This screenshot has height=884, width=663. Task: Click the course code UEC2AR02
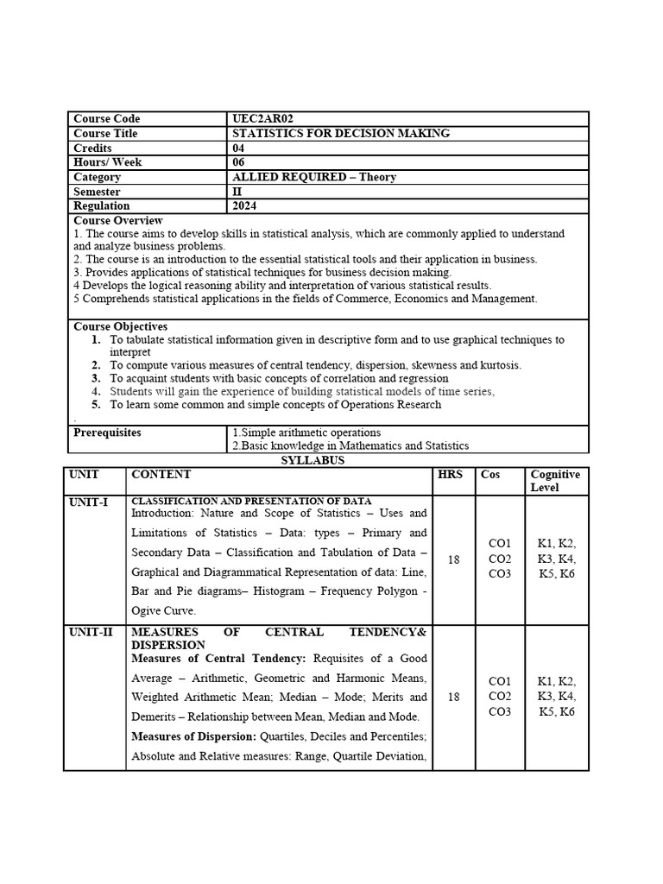pos(268,119)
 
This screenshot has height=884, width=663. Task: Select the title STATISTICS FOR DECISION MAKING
pos(341,134)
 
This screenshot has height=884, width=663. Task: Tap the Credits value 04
pos(239,148)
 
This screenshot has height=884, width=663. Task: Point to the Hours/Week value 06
pos(239,162)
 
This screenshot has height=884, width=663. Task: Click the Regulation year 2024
pos(244,206)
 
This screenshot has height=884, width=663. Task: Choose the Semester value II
pos(237,192)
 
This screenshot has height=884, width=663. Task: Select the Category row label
pos(97,177)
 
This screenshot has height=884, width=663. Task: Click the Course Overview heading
pos(118,221)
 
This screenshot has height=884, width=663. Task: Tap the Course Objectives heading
pos(121,327)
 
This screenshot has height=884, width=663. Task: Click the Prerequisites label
pos(107,433)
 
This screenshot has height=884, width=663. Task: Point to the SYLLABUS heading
pos(313,461)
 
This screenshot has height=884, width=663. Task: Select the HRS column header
pos(450,475)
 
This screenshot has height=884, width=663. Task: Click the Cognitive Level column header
pos(555,481)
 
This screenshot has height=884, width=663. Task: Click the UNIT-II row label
pos(91,633)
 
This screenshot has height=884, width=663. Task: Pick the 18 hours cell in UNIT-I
pos(453,559)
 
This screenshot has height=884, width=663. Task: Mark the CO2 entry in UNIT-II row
pos(500,697)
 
